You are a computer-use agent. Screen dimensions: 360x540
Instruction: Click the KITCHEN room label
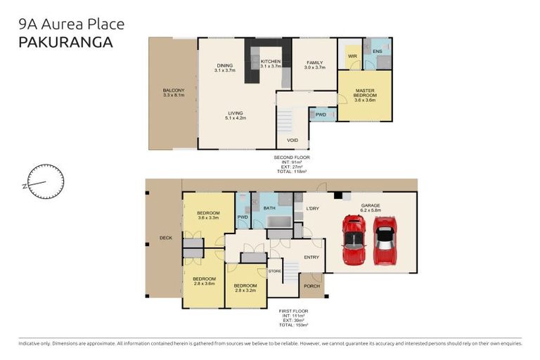click(271, 62)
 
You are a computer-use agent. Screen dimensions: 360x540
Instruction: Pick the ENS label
click(378, 51)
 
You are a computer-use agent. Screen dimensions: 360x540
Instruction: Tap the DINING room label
click(224, 65)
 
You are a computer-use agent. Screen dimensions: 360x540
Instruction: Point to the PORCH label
click(311, 286)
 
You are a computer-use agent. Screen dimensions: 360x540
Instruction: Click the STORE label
click(274, 270)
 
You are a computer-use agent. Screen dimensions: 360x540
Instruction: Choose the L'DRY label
click(313, 209)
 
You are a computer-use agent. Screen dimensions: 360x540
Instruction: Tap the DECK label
click(166, 238)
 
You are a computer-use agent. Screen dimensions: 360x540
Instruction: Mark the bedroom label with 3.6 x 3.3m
click(208, 215)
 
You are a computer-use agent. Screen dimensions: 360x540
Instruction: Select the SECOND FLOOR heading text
click(292, 157)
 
